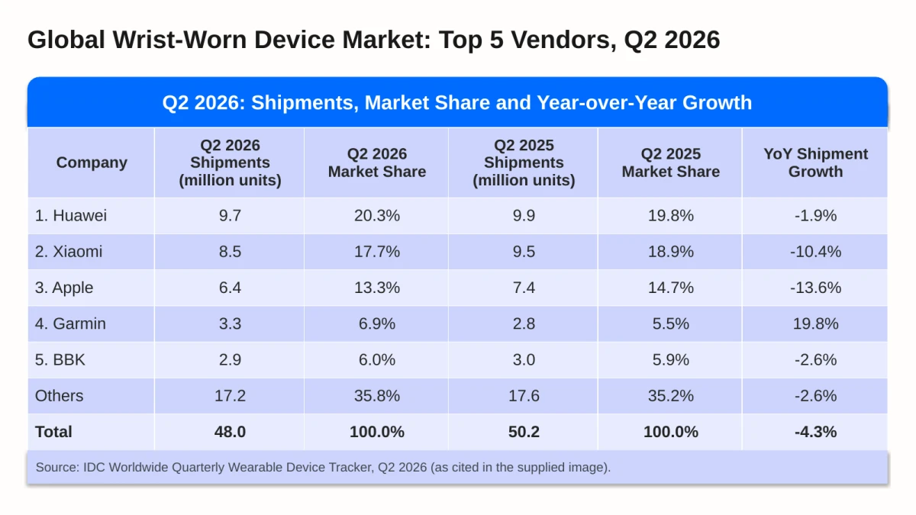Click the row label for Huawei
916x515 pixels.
71,215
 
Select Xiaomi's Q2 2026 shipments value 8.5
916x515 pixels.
230,251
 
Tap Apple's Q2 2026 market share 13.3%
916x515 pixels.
376,288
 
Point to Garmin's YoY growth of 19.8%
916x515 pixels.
815,323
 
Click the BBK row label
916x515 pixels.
60,359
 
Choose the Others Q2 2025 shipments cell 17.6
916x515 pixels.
524,396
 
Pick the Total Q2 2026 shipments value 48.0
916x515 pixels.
230,432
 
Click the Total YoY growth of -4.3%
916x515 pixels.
815,432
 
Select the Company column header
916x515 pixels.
92,163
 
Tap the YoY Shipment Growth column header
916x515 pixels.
815,163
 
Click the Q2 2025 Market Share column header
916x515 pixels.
671,163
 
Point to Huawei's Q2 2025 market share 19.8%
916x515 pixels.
671,215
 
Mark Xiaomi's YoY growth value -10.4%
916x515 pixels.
815,251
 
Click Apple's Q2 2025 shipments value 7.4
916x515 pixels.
524,288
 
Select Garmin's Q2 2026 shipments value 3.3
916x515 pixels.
230,323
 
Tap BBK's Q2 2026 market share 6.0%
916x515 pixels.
376,359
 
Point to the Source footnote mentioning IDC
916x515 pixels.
323,467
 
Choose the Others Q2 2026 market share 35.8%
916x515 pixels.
376,396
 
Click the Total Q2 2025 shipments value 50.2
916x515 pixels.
524,432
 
